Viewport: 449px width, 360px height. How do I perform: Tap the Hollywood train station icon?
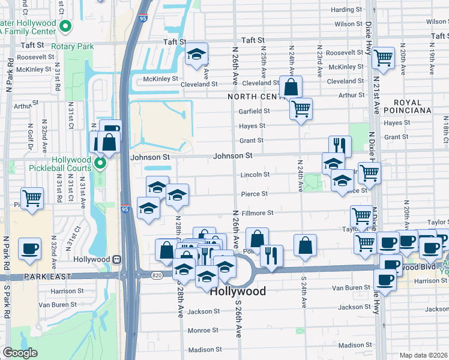click(x=118, y=260)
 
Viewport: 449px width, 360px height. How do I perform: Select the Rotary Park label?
click(x=73, y=46)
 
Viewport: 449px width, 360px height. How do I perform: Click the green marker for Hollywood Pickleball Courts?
click(x=100, y=163)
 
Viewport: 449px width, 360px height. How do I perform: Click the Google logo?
click(x=20, y=353)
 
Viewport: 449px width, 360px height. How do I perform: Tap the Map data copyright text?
click(x=423, y=355)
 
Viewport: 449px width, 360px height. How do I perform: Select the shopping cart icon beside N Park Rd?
click(x=31, y=197)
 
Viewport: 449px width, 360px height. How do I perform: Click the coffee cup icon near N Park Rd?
click(x=29, y=248)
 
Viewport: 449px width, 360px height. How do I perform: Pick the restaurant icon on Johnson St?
click(x=339, y=145)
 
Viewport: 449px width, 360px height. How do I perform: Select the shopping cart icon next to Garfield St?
click(x=301, y=109)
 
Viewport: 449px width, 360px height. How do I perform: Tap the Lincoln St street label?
click(x=255, y=175)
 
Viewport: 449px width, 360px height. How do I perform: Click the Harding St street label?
click(x=347, y=10)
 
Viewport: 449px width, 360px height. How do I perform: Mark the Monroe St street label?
click(x=203, y=330)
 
